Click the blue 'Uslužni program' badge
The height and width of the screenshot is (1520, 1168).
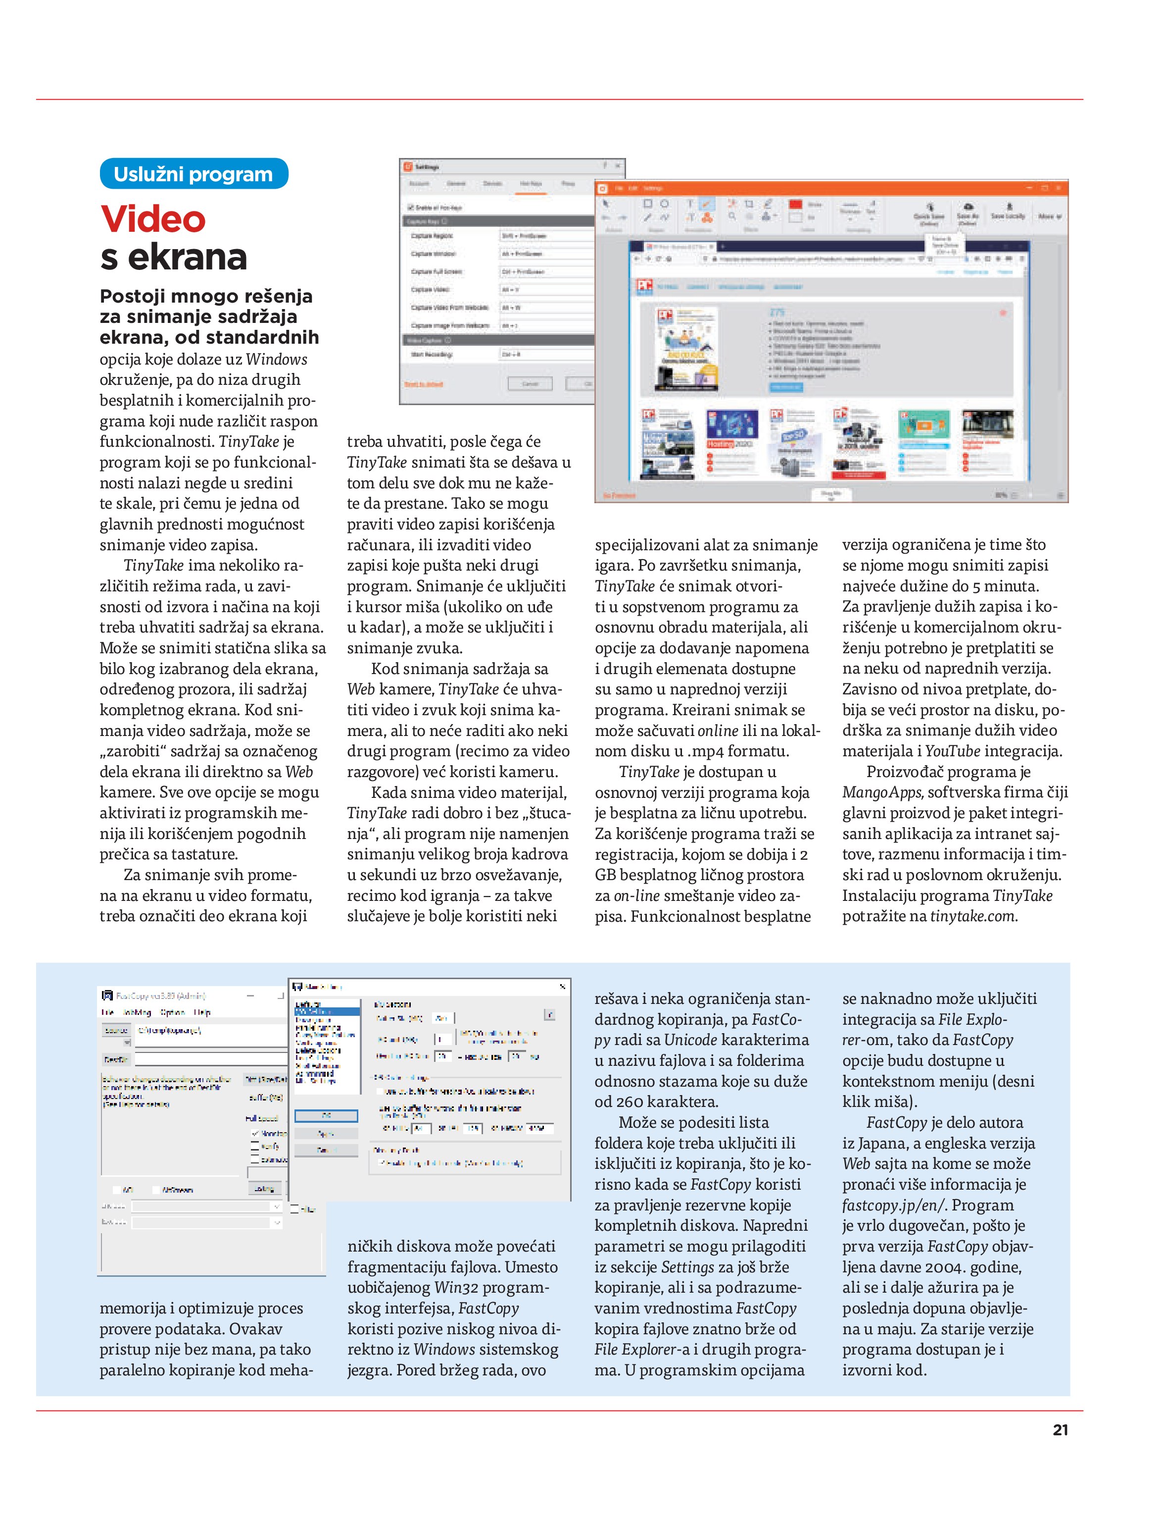click(194, 174)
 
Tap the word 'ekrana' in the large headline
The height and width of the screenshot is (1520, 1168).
click(187, 258)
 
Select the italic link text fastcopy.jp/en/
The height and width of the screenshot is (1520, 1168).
click(893, 1205)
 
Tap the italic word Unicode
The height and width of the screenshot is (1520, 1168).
click(690, 1040)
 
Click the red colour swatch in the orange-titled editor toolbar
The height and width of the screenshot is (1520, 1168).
click(795, 204)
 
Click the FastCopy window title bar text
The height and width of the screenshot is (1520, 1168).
click(160, 996)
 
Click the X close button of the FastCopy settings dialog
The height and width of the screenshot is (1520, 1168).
click(562, 987)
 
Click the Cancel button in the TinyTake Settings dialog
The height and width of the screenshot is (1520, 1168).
click(530, 384)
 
